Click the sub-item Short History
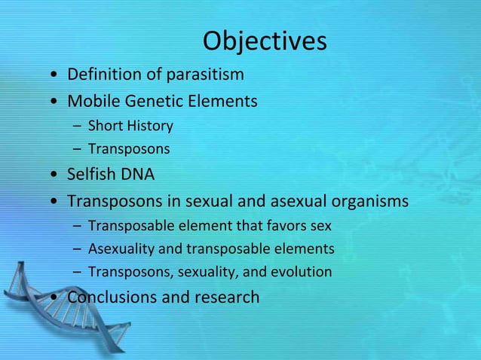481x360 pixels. tap(130, 125)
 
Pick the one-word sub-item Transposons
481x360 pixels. tap(129, 149)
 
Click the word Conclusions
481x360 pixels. tap(112, 297)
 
